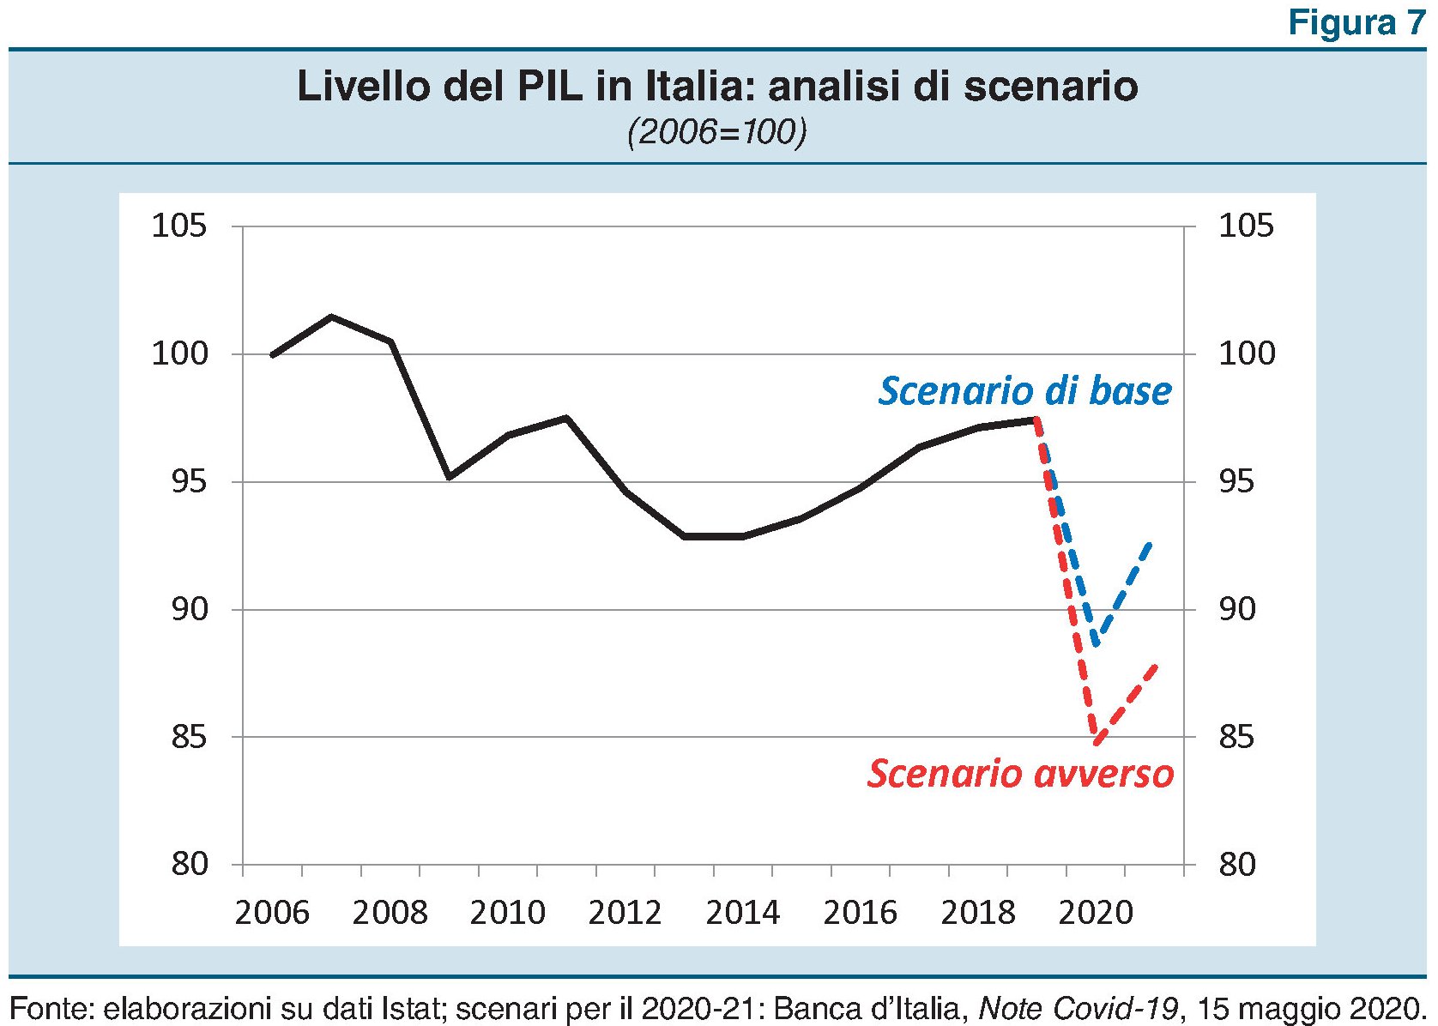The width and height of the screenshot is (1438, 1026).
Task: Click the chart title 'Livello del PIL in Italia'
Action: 717,87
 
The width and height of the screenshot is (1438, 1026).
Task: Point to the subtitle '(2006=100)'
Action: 717,133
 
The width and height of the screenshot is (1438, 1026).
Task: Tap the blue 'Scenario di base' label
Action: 1024,391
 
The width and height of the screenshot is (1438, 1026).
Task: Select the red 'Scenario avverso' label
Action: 1019,773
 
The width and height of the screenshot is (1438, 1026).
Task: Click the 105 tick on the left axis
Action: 179,226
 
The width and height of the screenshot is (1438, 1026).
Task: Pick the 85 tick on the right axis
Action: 1236,737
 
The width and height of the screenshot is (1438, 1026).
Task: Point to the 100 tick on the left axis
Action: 179,353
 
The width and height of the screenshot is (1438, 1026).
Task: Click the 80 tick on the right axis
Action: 1236,864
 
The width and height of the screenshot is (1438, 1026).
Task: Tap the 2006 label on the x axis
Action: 271,913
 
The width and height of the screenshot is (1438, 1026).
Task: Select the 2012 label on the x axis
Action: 625,913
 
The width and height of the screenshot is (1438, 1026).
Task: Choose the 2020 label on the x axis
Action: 1096,913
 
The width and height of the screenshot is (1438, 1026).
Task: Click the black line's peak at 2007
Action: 331,317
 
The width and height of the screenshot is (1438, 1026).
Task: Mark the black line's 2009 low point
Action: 449,476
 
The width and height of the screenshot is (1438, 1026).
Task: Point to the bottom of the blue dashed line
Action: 1096,643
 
